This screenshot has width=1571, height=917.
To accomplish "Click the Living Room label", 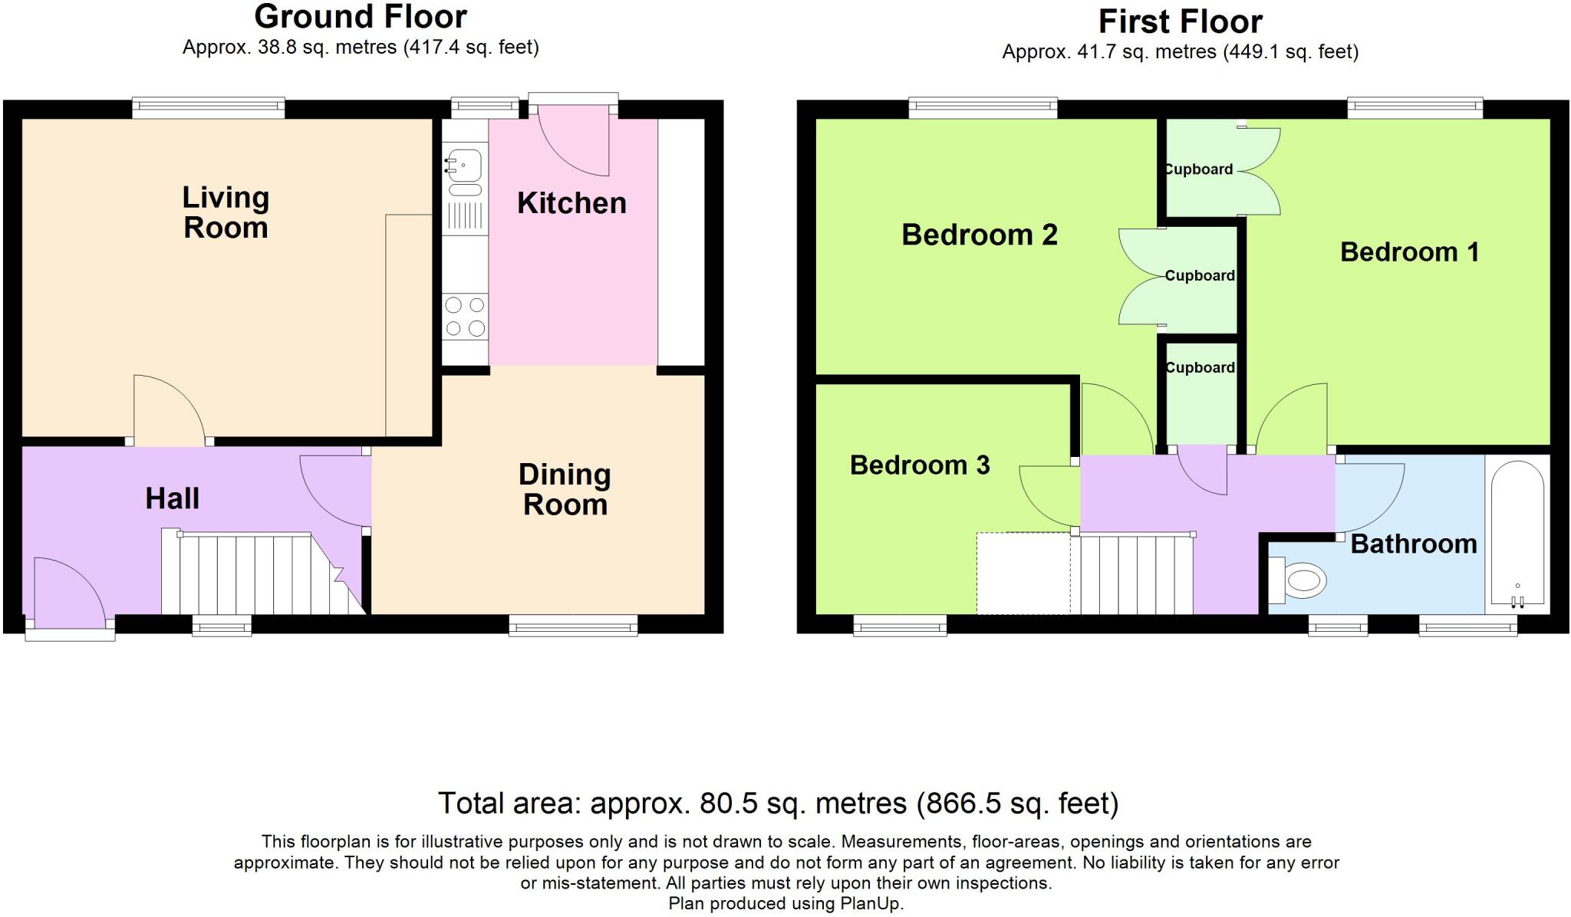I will tap(226, 212).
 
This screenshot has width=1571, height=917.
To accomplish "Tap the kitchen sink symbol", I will tap(465, 166).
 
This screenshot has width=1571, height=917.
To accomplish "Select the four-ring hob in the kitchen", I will tap(465, 317).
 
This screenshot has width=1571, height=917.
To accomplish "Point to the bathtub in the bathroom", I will tap(1517, 532).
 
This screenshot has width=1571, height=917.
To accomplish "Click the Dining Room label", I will tap(565, 489).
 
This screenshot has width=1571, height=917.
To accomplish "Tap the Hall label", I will tap(172, 498).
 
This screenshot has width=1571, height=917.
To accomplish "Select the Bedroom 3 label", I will tap(919, 465).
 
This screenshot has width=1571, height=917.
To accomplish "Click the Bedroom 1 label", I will tap(1409, 251).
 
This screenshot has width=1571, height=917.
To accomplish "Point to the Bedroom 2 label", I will tap(979, 234).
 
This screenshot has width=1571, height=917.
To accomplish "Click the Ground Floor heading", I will tap(360, 17).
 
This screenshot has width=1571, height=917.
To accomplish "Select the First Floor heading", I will tap(1180, 21).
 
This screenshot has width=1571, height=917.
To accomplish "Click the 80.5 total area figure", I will tap(728, 803).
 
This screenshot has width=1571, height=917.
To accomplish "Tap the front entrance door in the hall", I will tap(69, 594).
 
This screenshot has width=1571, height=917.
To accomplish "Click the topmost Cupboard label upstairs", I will tap(1198, 169).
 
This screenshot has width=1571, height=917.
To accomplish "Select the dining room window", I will tap(573, 627).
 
